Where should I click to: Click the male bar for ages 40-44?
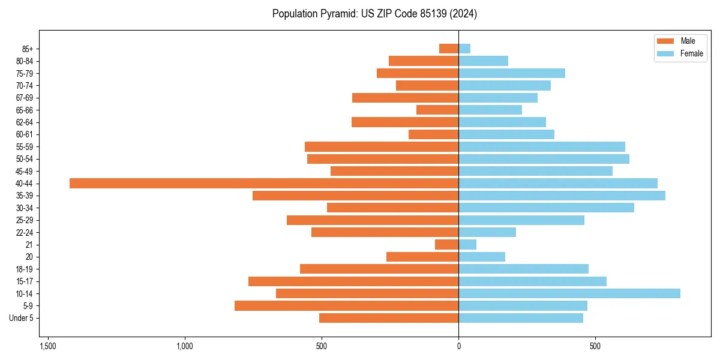(264, 183)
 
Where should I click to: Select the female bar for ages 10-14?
(569, 293)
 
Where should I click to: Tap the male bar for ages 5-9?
(347, 305)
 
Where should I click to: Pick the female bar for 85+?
(464, 49)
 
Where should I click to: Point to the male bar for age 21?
(447, 244)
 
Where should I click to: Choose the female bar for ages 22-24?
(487, 232)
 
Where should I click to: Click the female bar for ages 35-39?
(562, 196)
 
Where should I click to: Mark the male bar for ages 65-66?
(437, 110)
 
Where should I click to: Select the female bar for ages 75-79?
(512, 73)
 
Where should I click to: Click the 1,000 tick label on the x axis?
(185, 346)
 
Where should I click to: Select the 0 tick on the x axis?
(458, 346)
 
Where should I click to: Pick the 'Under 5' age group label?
(22, 318)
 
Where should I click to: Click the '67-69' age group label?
(25, 98)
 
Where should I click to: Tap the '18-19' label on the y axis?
(25, 269)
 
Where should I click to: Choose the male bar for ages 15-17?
(353, 281)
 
